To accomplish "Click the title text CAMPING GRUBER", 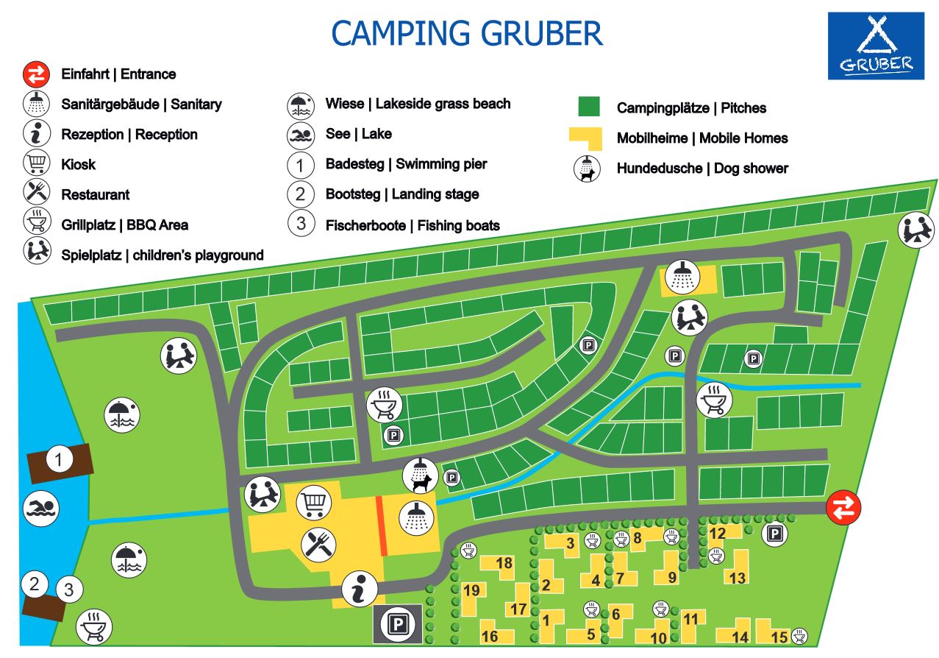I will point(467,33).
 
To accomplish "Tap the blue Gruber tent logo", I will point(875,46).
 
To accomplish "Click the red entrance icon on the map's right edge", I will point(843,507).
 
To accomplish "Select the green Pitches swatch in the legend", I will point(590,107).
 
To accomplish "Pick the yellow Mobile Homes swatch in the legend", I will point(585,138).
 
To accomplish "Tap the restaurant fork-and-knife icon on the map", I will point(319,545).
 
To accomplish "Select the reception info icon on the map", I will point(360,590).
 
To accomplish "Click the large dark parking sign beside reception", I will point(399,626).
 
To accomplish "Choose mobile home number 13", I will point(737,577).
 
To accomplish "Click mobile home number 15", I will point(779,637).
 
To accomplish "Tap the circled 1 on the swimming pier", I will point(60,461).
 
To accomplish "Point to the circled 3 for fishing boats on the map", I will point(69,589).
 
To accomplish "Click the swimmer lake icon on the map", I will point(41,508).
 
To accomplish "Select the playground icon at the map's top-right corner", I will point(916,230).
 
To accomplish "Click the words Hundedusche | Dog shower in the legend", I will point(702,169).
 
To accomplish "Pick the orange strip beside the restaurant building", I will point(382,526).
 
